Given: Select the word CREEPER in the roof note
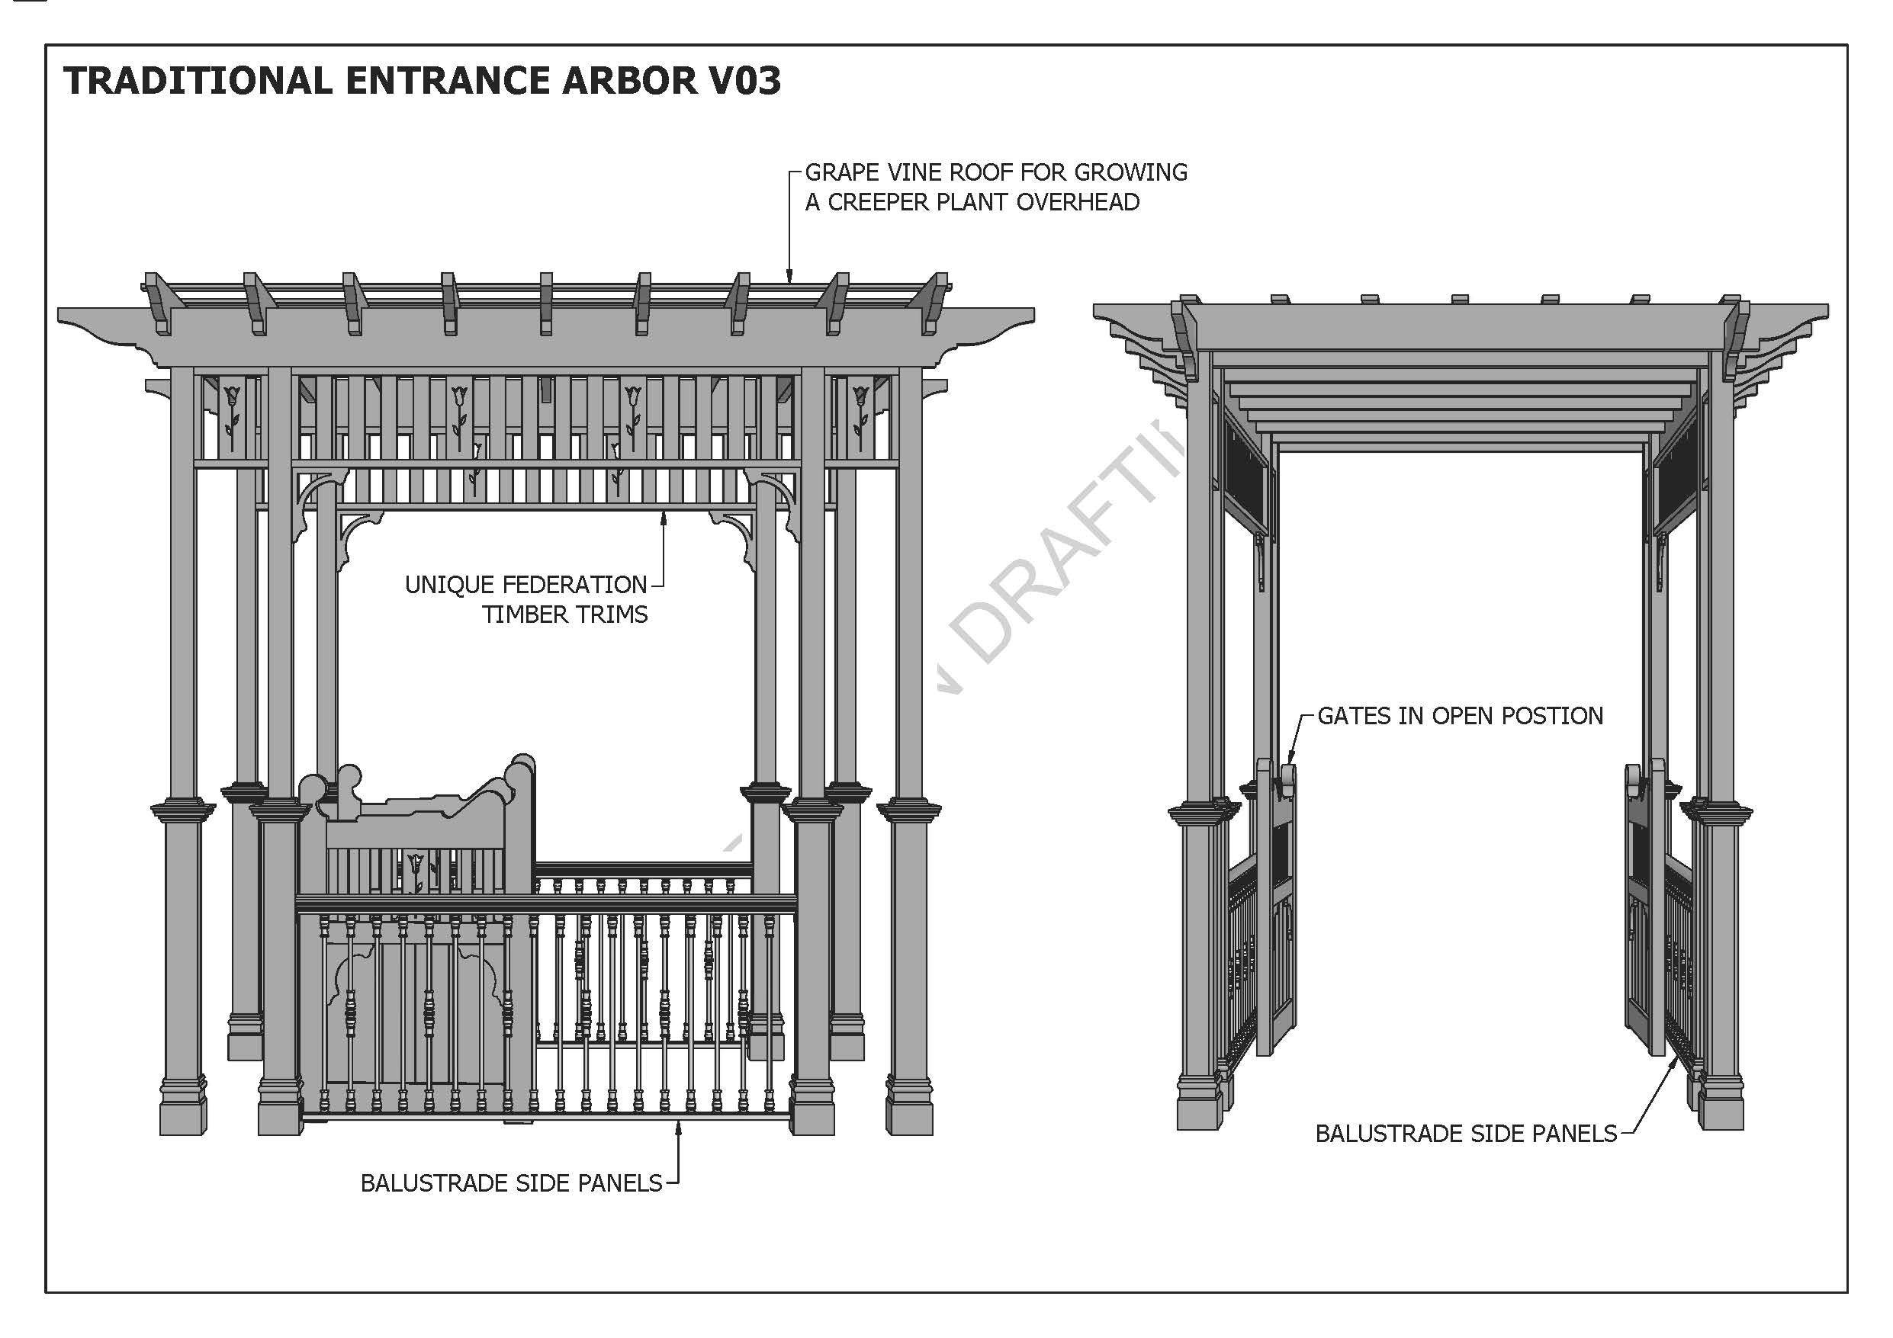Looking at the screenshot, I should (x=877, y=202).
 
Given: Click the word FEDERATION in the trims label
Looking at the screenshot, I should (x=574, y=585).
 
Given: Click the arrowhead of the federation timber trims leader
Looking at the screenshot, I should (x=663, y=517).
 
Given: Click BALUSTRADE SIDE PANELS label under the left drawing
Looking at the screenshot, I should (x=511, y=1183).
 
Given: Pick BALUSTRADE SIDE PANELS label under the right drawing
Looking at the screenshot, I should (x=1465, y=1134).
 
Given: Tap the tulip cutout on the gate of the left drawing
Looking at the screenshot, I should (x=416, y=870).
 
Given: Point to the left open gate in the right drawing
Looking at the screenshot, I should (x=1275, y=906).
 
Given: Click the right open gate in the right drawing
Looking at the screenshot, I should (x=1644, y=906).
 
